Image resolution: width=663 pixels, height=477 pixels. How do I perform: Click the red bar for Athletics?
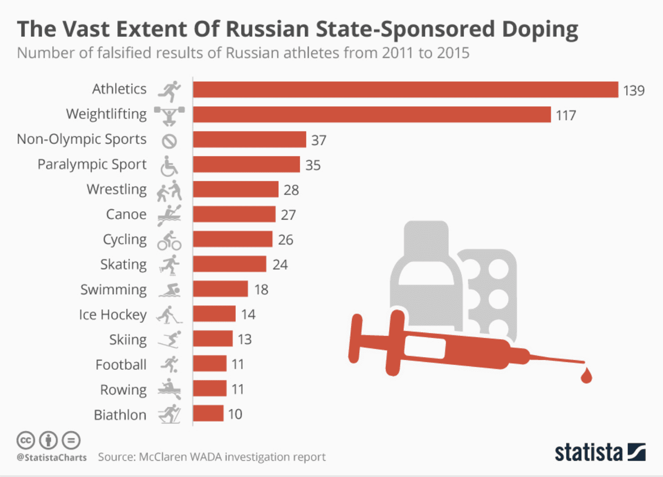coord(406,90)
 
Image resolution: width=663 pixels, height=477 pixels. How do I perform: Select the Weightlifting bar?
coord(372,114)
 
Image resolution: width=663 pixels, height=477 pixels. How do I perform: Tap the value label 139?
coord(634,90)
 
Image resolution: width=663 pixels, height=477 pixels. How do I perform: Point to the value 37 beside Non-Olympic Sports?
coord(318,140)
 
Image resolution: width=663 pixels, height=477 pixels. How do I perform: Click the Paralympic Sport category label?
coord(92,165)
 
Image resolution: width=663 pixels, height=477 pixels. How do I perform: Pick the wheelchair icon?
coord(169,166)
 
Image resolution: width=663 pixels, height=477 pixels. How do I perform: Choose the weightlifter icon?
coord(169,116)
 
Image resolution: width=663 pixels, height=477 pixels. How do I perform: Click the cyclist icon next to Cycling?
coord(169,240)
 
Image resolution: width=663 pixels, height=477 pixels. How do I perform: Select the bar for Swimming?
coord(220,289)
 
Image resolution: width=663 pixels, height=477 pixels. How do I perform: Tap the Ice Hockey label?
coord(113,314)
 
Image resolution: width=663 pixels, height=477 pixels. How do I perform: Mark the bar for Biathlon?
coord(208,413)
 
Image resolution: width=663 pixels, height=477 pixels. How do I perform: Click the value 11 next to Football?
coord(238,364)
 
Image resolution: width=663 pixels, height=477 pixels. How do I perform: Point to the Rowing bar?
coord(209,388)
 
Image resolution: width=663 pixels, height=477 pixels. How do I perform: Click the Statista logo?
coord(600,452)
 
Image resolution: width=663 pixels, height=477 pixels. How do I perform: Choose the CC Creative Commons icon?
coord(26,440)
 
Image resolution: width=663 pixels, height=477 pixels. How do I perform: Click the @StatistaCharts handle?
coord(52,458)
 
